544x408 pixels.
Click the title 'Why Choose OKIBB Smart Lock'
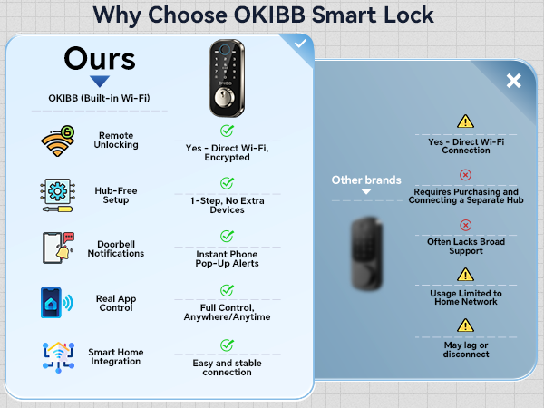[263, 15]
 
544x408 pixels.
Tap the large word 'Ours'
[100, 60]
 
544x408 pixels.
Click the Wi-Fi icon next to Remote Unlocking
[55, 141]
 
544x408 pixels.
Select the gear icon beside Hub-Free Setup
[55, 195]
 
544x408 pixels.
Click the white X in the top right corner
[513, 82]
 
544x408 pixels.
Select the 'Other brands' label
[365, 180]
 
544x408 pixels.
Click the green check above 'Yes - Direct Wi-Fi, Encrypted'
[226, 131]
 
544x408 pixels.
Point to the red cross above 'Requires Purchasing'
[465, 175]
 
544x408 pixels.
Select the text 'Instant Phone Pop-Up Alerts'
[227, 258]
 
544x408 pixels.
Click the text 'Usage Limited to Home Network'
[465, 297]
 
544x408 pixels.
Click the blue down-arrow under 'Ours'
[99, 81]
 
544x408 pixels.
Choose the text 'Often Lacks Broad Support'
[465, 247]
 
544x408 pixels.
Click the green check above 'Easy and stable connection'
[226, 345]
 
